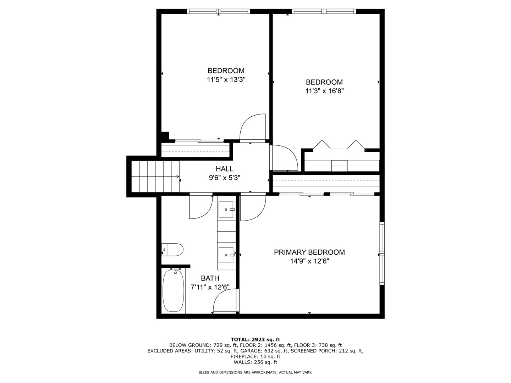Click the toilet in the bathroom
point(173,250)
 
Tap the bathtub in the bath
point(174,290)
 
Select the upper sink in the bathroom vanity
point(226,210)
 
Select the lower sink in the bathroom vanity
point(226,255)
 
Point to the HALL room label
point(224,169)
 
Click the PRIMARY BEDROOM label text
point(309,252)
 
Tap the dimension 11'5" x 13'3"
point(226,79)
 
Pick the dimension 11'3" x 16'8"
point(324,91)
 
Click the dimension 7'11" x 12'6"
point(210,287)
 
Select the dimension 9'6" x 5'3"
point(224,178)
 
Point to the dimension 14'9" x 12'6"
point(309,261)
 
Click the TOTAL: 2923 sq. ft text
point(255,339)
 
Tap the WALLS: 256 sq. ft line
point(255,362)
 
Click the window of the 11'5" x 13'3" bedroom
point(219,11)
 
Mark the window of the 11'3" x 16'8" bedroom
point(324,11)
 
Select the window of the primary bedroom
point(382,253)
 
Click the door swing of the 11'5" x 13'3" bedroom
point(253,128)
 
